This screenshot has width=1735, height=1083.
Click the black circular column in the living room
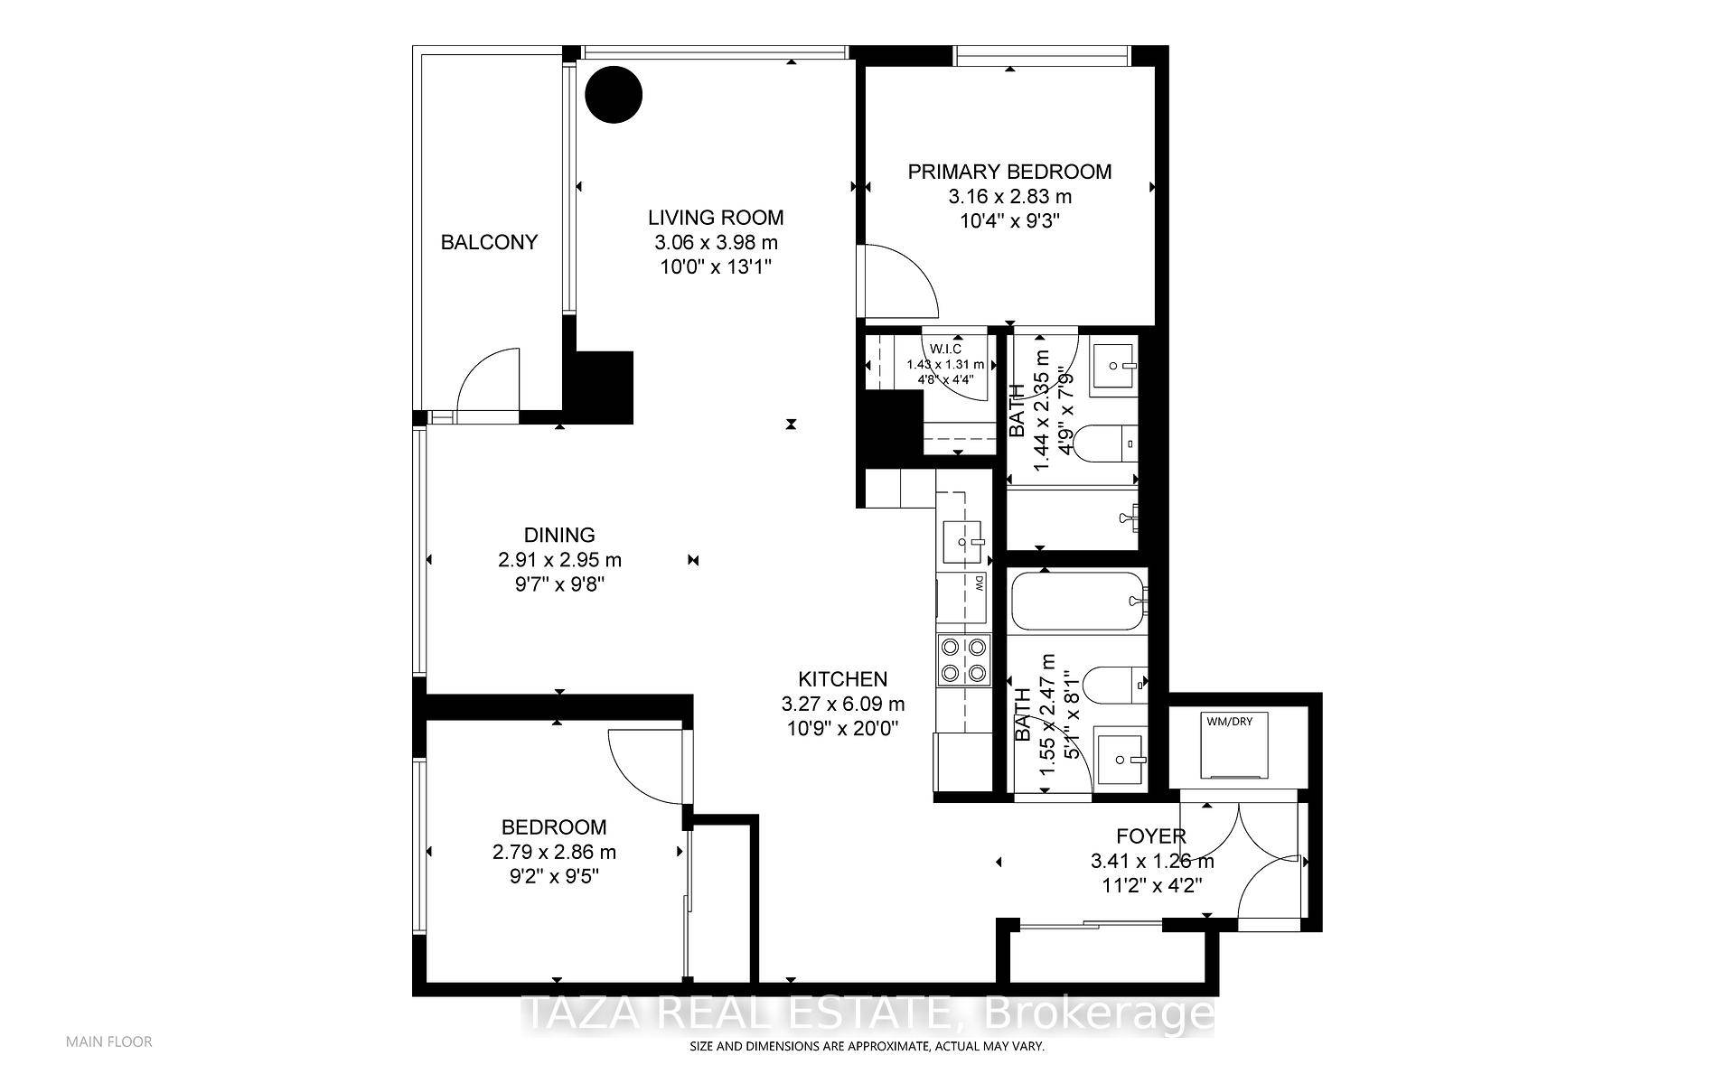pyautogui.click(x=614, y=93)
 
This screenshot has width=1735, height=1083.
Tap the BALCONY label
pyautogui.click(x=489, y=242)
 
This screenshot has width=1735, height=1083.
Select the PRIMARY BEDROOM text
pyautogui.click(x=1009, y=172)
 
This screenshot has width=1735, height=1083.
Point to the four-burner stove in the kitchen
pyautogui.click(x=963, y=659)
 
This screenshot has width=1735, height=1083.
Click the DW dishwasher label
pyautogui.click(x=979, y=584)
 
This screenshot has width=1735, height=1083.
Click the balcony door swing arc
pyautogui.click(x=489, y=384)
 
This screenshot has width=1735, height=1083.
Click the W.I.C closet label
pyautogui.click(x=945, y=349)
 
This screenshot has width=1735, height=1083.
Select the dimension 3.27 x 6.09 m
pyautogui.click(x=842, y=704)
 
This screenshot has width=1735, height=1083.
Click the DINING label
pyautogui.click(x=559, y=535)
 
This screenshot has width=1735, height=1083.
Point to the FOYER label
pyautogui.click(x=1150, y=836)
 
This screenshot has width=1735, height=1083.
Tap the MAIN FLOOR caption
pyautogui.click(x=109, y=1041)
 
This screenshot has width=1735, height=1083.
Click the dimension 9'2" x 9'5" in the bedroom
pyautogui.click(x=554, y=876)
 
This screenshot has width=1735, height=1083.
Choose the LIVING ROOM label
pyautogui.click(x=715, y=218)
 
